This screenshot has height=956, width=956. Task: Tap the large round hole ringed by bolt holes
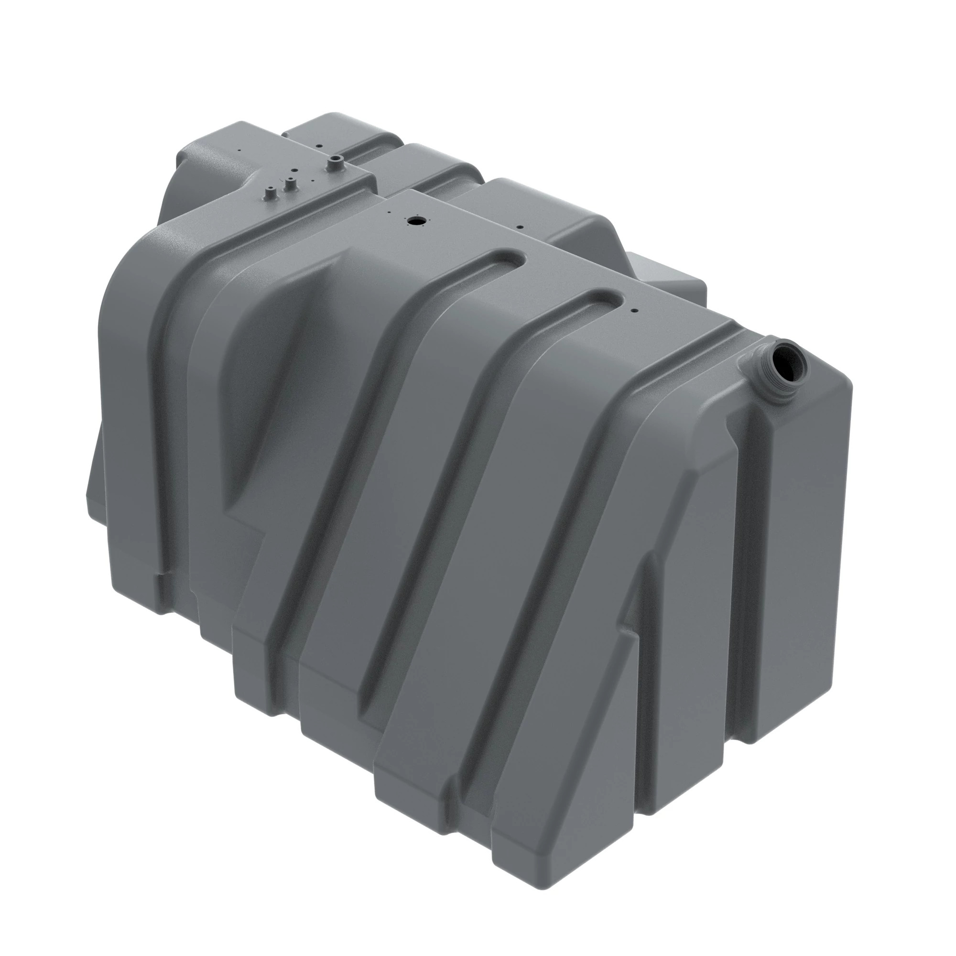tap(413, 220)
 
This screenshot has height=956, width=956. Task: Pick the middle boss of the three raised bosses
tap(290, 185)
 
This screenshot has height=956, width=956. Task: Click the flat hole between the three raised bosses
tap(294, 170)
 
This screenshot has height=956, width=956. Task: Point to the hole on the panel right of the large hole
tap(519, 228)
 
